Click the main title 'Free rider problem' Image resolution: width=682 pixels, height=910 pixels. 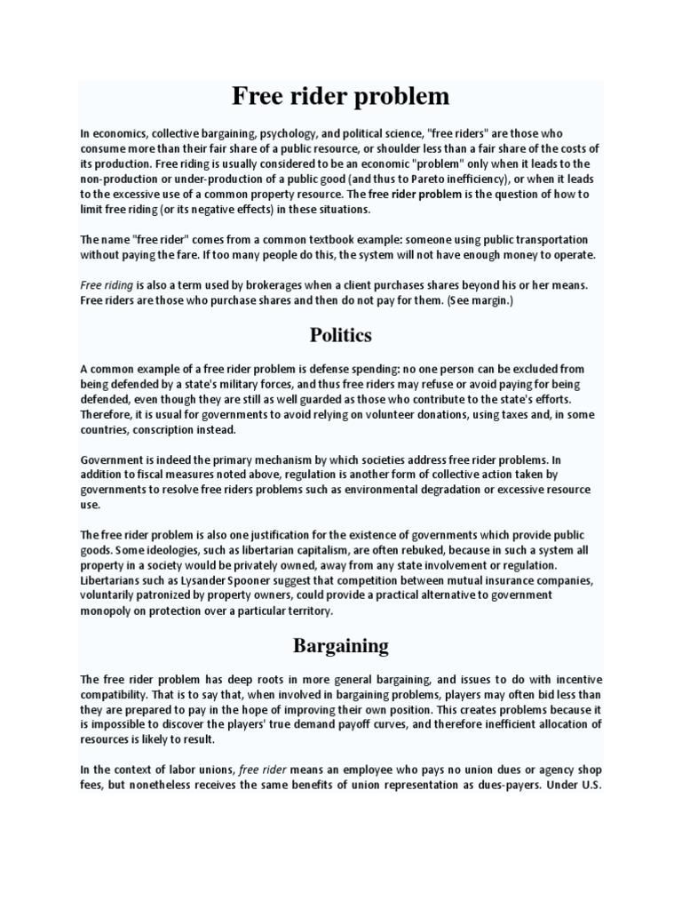(340, 96)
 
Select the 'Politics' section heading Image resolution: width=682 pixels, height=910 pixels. (340, 335)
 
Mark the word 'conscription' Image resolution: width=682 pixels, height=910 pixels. (163, 429)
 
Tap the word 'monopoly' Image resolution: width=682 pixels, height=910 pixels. (107, 611)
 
